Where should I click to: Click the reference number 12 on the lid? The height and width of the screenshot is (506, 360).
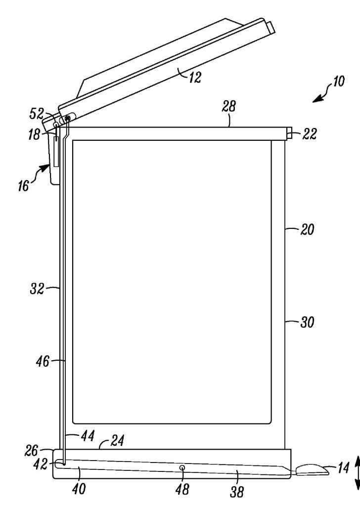point(195,77)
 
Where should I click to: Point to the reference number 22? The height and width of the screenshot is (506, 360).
point(310,133)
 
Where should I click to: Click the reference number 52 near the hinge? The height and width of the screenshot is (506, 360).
point(37,114)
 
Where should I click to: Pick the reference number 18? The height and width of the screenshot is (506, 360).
point(34,134)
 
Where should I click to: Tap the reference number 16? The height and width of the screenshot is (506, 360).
point(23,186)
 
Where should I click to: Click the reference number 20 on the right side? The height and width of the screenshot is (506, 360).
point(307,230)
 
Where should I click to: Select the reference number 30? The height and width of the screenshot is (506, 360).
point(307,323)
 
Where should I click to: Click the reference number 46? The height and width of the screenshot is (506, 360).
point(43,362)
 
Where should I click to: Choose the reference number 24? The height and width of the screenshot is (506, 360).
point(117,441)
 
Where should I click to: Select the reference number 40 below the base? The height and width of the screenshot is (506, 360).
point(79,489)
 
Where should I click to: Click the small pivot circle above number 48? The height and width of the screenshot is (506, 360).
point(182,467)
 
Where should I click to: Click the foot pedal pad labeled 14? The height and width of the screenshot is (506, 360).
point(312,469)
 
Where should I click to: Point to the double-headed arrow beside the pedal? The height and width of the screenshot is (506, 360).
point(357,473)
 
